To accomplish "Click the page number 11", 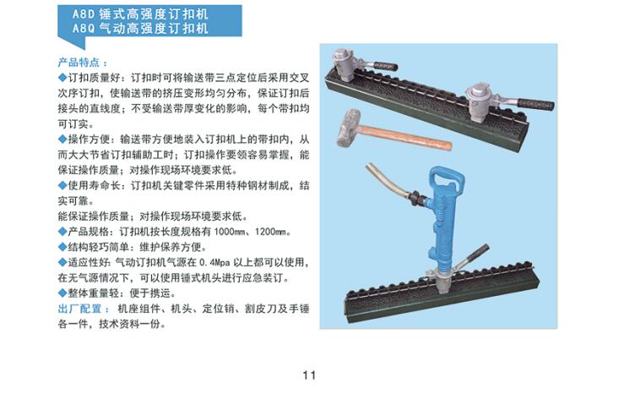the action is click(x=309, y=375).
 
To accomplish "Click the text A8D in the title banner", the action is click(x=84, y=14).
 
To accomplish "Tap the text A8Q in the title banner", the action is click(x=84, y=29).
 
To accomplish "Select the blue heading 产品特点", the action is click(x=79, y=63).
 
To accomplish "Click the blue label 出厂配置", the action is click(x=79, y=309).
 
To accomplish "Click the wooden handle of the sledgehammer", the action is click(x=406, y=137).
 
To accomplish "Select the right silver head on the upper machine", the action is click(x=479, y=100).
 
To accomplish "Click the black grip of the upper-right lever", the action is click(x=535, y=105).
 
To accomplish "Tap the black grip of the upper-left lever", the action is click(x=385, y=66).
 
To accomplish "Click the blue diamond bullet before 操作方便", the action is click(x=62, y=139).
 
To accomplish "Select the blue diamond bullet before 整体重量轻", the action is click(x=62, y=293).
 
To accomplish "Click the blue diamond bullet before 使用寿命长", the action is click(x=62, y=185).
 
